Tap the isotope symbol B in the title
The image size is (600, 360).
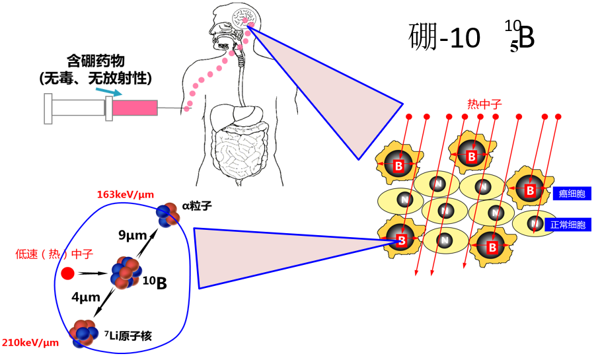point(525,38)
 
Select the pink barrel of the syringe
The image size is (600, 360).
point(135,108)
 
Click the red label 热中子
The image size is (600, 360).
point(484,104)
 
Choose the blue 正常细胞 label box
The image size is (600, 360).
point(571,225)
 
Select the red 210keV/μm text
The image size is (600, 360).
point(30,342)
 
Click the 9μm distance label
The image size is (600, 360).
point(131,234)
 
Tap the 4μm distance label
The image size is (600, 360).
point(86,298)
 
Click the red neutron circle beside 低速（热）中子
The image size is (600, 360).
point(67,273)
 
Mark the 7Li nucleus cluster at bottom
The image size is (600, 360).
point(84,332)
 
